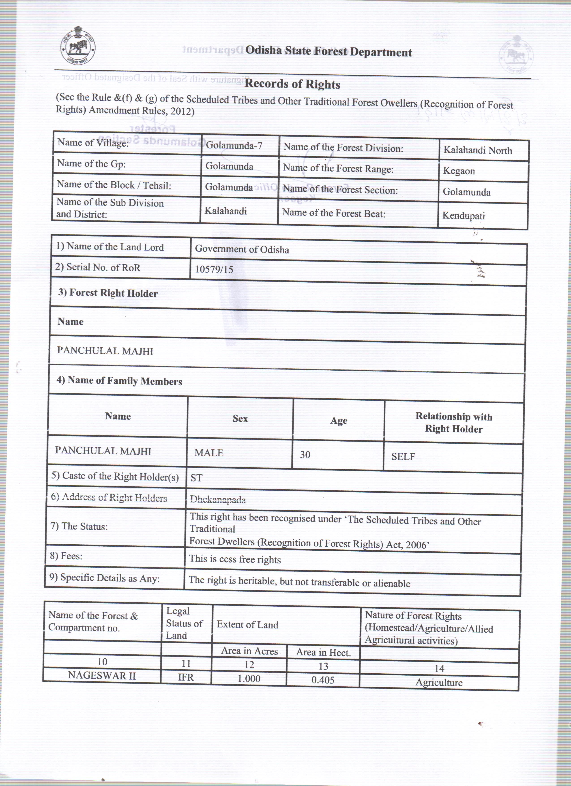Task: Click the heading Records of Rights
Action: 292,84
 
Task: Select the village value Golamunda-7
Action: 234,146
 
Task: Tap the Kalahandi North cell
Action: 477,150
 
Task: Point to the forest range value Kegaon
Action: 459,171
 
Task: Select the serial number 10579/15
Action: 214,269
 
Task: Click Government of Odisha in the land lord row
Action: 242,249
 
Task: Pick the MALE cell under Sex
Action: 209,453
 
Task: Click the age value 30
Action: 305,454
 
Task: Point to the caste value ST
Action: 196,478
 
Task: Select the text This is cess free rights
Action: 235,560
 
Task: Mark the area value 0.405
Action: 323,680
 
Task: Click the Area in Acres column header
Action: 249,651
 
